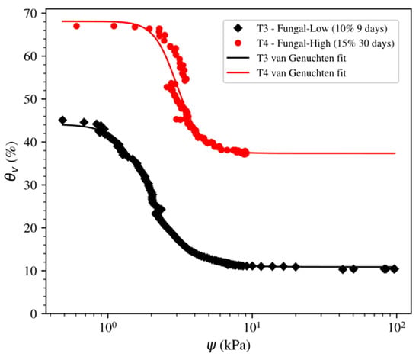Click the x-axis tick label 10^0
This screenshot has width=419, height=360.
(x=107, y=328)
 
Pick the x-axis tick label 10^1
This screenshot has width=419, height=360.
(x=252, y=328)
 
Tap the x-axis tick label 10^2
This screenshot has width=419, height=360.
(x=397, y=328)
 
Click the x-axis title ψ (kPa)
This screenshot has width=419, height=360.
(x=229, y=346)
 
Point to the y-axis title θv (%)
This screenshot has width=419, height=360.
(x=11, y=161)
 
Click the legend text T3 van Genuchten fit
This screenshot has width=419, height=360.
(x=301, y=58)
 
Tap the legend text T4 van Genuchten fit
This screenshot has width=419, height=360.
(x=301, y=73)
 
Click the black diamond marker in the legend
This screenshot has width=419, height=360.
(x=238, y=28)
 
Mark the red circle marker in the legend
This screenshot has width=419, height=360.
(x=238, y=43)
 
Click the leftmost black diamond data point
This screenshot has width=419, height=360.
(x=62, y=121)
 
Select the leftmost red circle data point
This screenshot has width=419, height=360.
(x=76, y=26)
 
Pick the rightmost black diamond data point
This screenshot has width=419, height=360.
(x=395, y=269)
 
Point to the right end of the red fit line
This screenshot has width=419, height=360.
(x=395, y=153)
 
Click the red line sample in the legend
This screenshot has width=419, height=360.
(x=238, y=72)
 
